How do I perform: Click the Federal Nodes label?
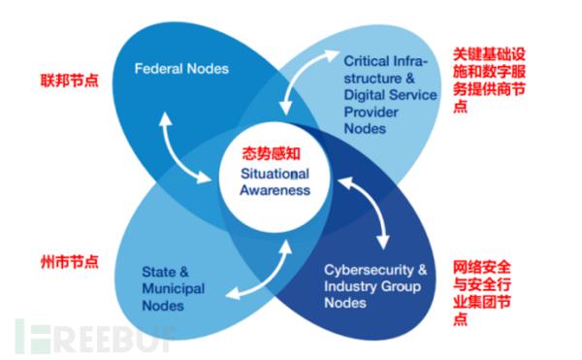pos(180,70)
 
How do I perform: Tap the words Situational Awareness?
pos(276,181)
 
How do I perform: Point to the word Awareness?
pos(276,190)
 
